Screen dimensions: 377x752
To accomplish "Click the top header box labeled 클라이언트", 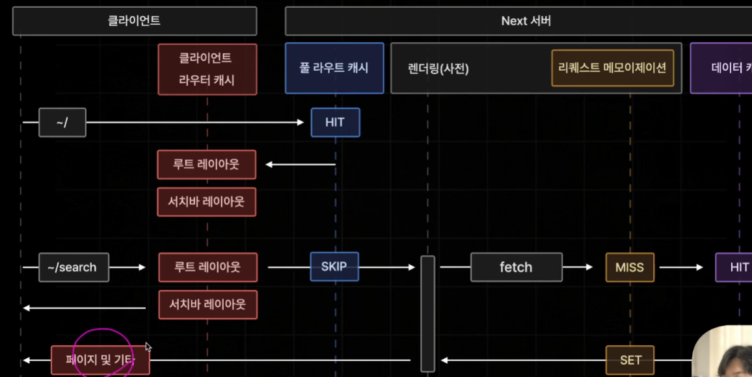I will click(x=134, y=21).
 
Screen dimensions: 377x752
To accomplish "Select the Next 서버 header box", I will click(x=518, y=21).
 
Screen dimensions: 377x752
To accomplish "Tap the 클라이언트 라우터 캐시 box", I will click(x=207, y=69).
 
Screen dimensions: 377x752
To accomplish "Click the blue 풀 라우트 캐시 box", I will click(x=334, y=68).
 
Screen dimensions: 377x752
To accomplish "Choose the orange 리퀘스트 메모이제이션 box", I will click(x=611, y=68).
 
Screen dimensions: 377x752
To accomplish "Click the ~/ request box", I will click(x=62, y=122).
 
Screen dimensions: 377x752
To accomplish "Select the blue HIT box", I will click(x=335, y=122).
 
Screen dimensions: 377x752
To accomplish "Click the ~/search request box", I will click(x=74, y=267).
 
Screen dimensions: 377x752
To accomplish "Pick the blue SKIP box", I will click(x=334, y=266).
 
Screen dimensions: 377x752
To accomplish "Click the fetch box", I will click(x=516, y=267).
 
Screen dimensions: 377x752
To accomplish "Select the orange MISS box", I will click(x=630, y=267).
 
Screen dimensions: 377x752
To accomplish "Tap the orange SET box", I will click(x=630, y=359).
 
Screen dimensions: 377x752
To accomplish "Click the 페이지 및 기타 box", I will click(x=100, y=359).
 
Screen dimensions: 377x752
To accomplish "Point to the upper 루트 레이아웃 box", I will click(x=206, y=164).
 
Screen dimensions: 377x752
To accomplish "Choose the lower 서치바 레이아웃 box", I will click(x=208, y=304).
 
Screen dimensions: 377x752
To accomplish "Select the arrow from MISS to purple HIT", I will click(x=679, y=267).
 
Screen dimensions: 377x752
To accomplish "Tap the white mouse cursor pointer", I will click(x=148, y=347).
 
